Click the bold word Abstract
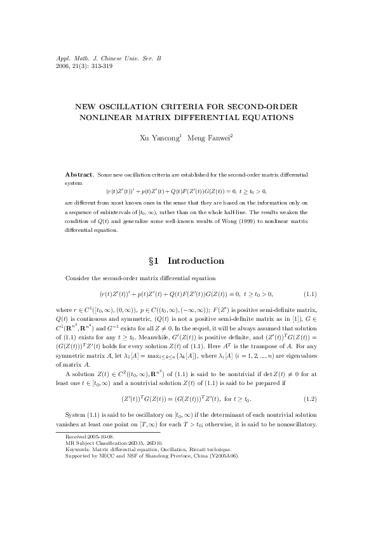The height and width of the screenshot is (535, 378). (80, 174)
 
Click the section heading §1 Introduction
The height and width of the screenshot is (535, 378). (189, 261)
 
